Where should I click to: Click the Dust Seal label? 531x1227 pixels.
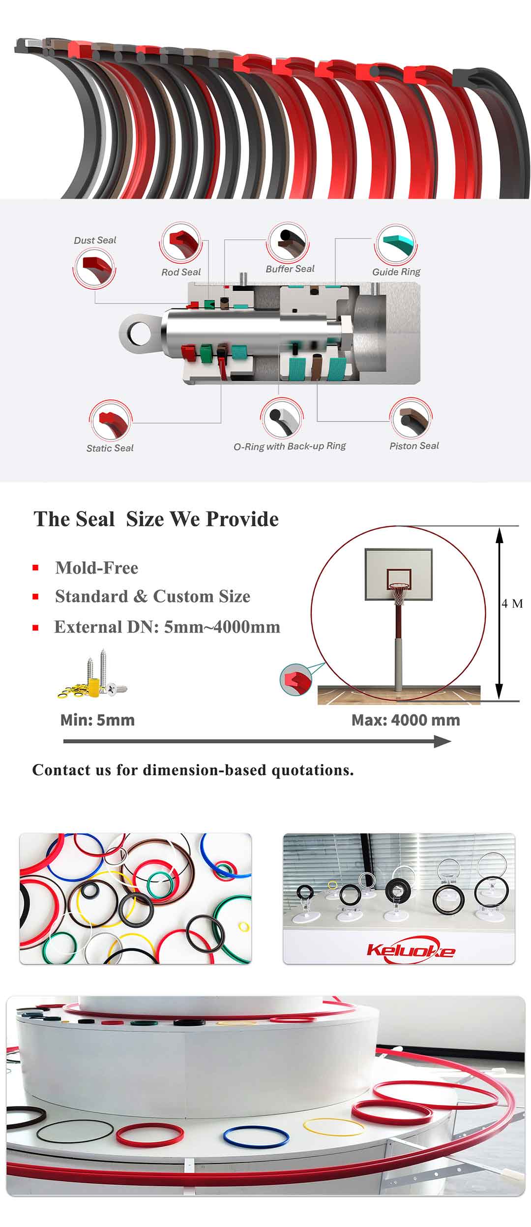(x=95, y=240)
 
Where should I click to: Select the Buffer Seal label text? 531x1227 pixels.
(x=290, y=269)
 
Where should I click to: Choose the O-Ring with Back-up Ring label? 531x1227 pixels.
(x=290, y=446)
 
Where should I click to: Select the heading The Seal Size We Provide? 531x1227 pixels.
(x=156, y=519)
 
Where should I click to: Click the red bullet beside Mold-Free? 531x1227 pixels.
(x=35, y=568)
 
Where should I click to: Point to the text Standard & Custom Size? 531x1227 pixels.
(x=152, y=596)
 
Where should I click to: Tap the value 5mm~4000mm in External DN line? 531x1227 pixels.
(x=222, y=627)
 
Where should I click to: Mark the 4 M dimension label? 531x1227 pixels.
(x=512, y=604)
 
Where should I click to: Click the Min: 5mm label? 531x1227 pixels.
(x=97, y=720)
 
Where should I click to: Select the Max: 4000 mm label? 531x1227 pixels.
(x=406, y=720)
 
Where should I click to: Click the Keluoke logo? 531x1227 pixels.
(x=411, y=950)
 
